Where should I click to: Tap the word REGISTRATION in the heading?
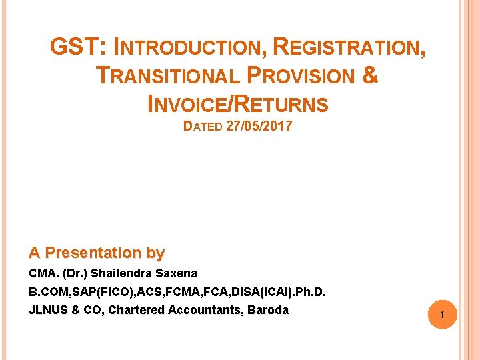point(348,47)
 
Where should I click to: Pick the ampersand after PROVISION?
point(371,75)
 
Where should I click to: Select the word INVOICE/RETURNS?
point(237,105)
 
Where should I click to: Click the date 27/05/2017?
point(259,126)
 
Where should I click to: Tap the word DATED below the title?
point(203,127)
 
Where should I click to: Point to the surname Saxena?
point(176,273)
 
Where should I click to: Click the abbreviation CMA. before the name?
point(42,273)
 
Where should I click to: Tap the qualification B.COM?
point(46,291)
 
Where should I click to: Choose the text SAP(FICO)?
point(89,291)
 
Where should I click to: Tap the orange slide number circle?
point(441,314)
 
